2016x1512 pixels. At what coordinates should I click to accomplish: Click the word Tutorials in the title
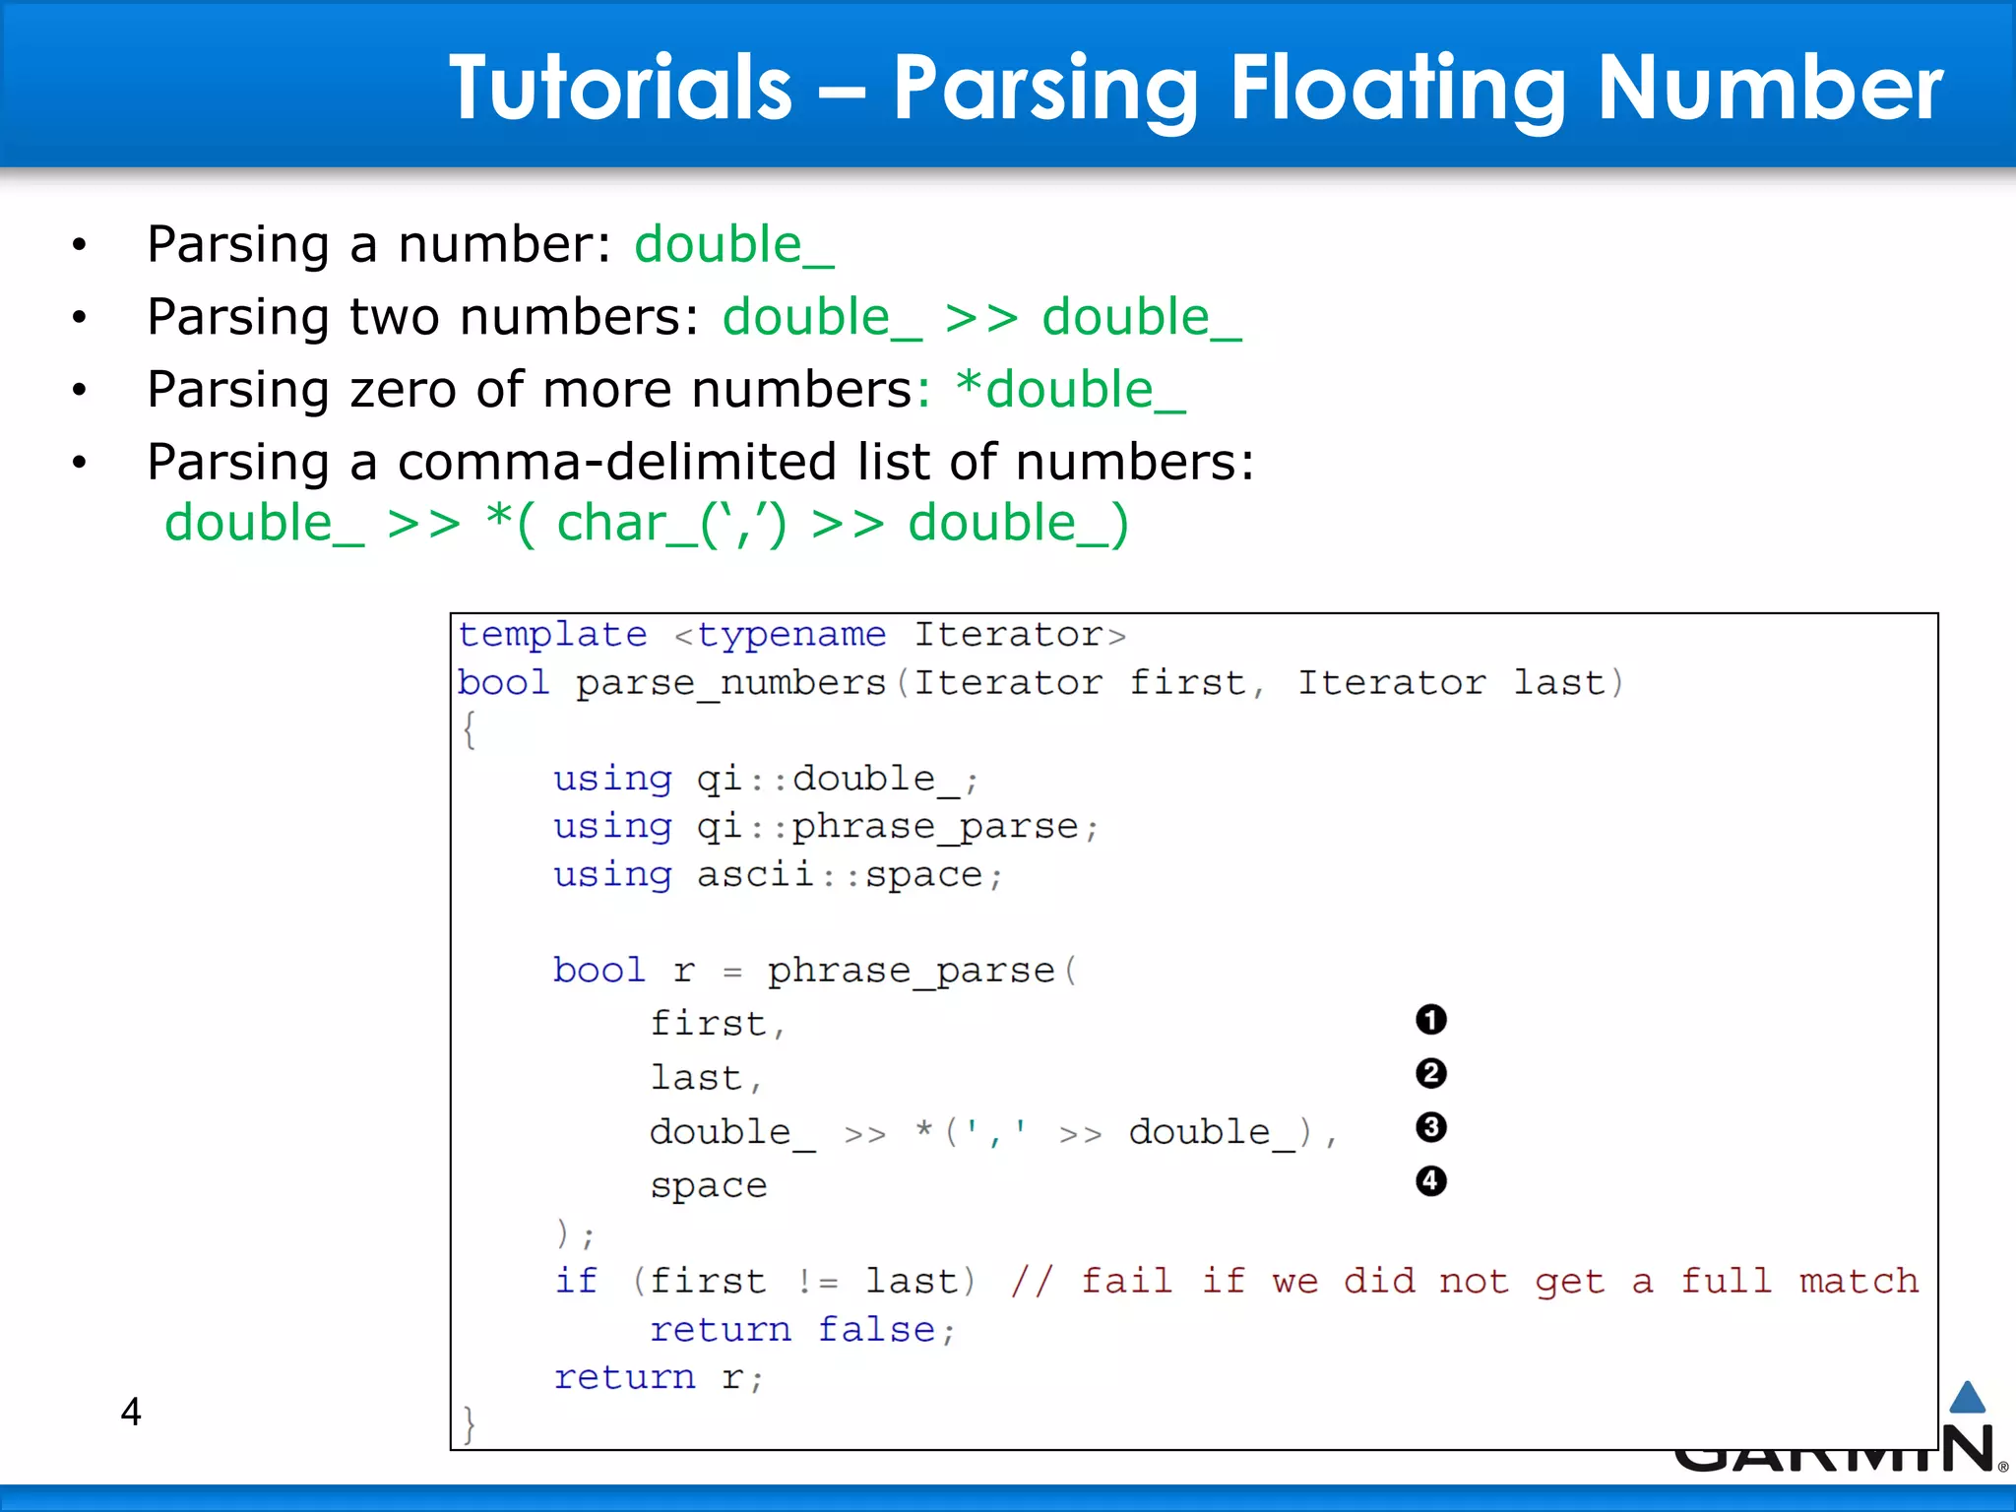pyautogui.click(x=620, y=89)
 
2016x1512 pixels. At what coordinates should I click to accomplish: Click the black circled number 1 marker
pyautogui.click(x=1430, y=1020)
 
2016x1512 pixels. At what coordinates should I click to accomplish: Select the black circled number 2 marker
pyautogui.click(x=1430, y=1073)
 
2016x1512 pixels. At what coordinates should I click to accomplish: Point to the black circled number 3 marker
pyautogui.click(x=1430, y=1127)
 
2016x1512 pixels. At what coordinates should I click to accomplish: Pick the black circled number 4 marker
pyautogui.click(x=1430, y=1180)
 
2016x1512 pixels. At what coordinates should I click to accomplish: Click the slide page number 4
pyautogui.click(x=131, y=1412)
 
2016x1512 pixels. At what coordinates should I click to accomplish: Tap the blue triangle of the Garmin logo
pyautogui.click(x=1967, y=1398)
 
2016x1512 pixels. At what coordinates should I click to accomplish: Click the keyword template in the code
pyautogui.click(x=552, y=635)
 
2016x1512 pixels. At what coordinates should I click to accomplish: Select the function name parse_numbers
pyautogui.click(x=730, y=683)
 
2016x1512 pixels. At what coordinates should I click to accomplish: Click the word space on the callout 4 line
pyautogui.click(x=708, y=1186)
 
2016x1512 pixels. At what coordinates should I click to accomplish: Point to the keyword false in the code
pyautogui.click(x=876, y=1330)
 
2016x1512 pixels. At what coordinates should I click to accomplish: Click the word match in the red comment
pyautogui.click(x=1858, y=1281)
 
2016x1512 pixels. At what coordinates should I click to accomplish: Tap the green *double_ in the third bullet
pyautogui.click(x=1070, y=390)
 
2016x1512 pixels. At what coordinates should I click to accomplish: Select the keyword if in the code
pyautogui.click(x=576, y=1281)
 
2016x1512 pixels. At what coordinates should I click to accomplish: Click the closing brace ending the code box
pyautogui.click(x=470, y=1423)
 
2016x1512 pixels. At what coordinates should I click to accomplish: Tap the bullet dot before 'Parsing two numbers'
pyautogui.click(x=80, y=317)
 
